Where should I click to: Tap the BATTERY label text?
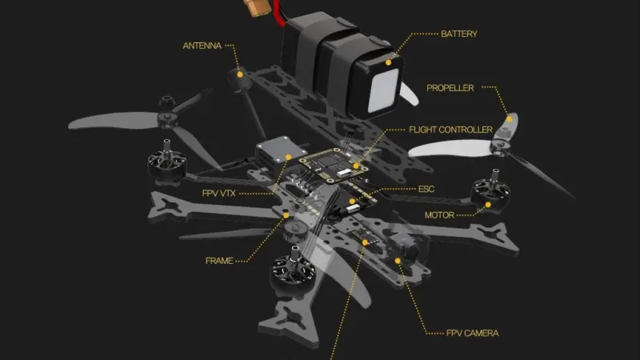[x=459, y=34]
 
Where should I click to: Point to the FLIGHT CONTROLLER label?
[x=450, y=130]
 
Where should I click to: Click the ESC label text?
[x=426, y=190]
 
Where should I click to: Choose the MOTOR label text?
[x=438, y=215]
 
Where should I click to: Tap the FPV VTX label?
[x=218, y=194]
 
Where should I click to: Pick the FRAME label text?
[x=219, y=261]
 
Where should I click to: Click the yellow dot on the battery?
[x=390, y=59]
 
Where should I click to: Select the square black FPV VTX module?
[x=274, y=151]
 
